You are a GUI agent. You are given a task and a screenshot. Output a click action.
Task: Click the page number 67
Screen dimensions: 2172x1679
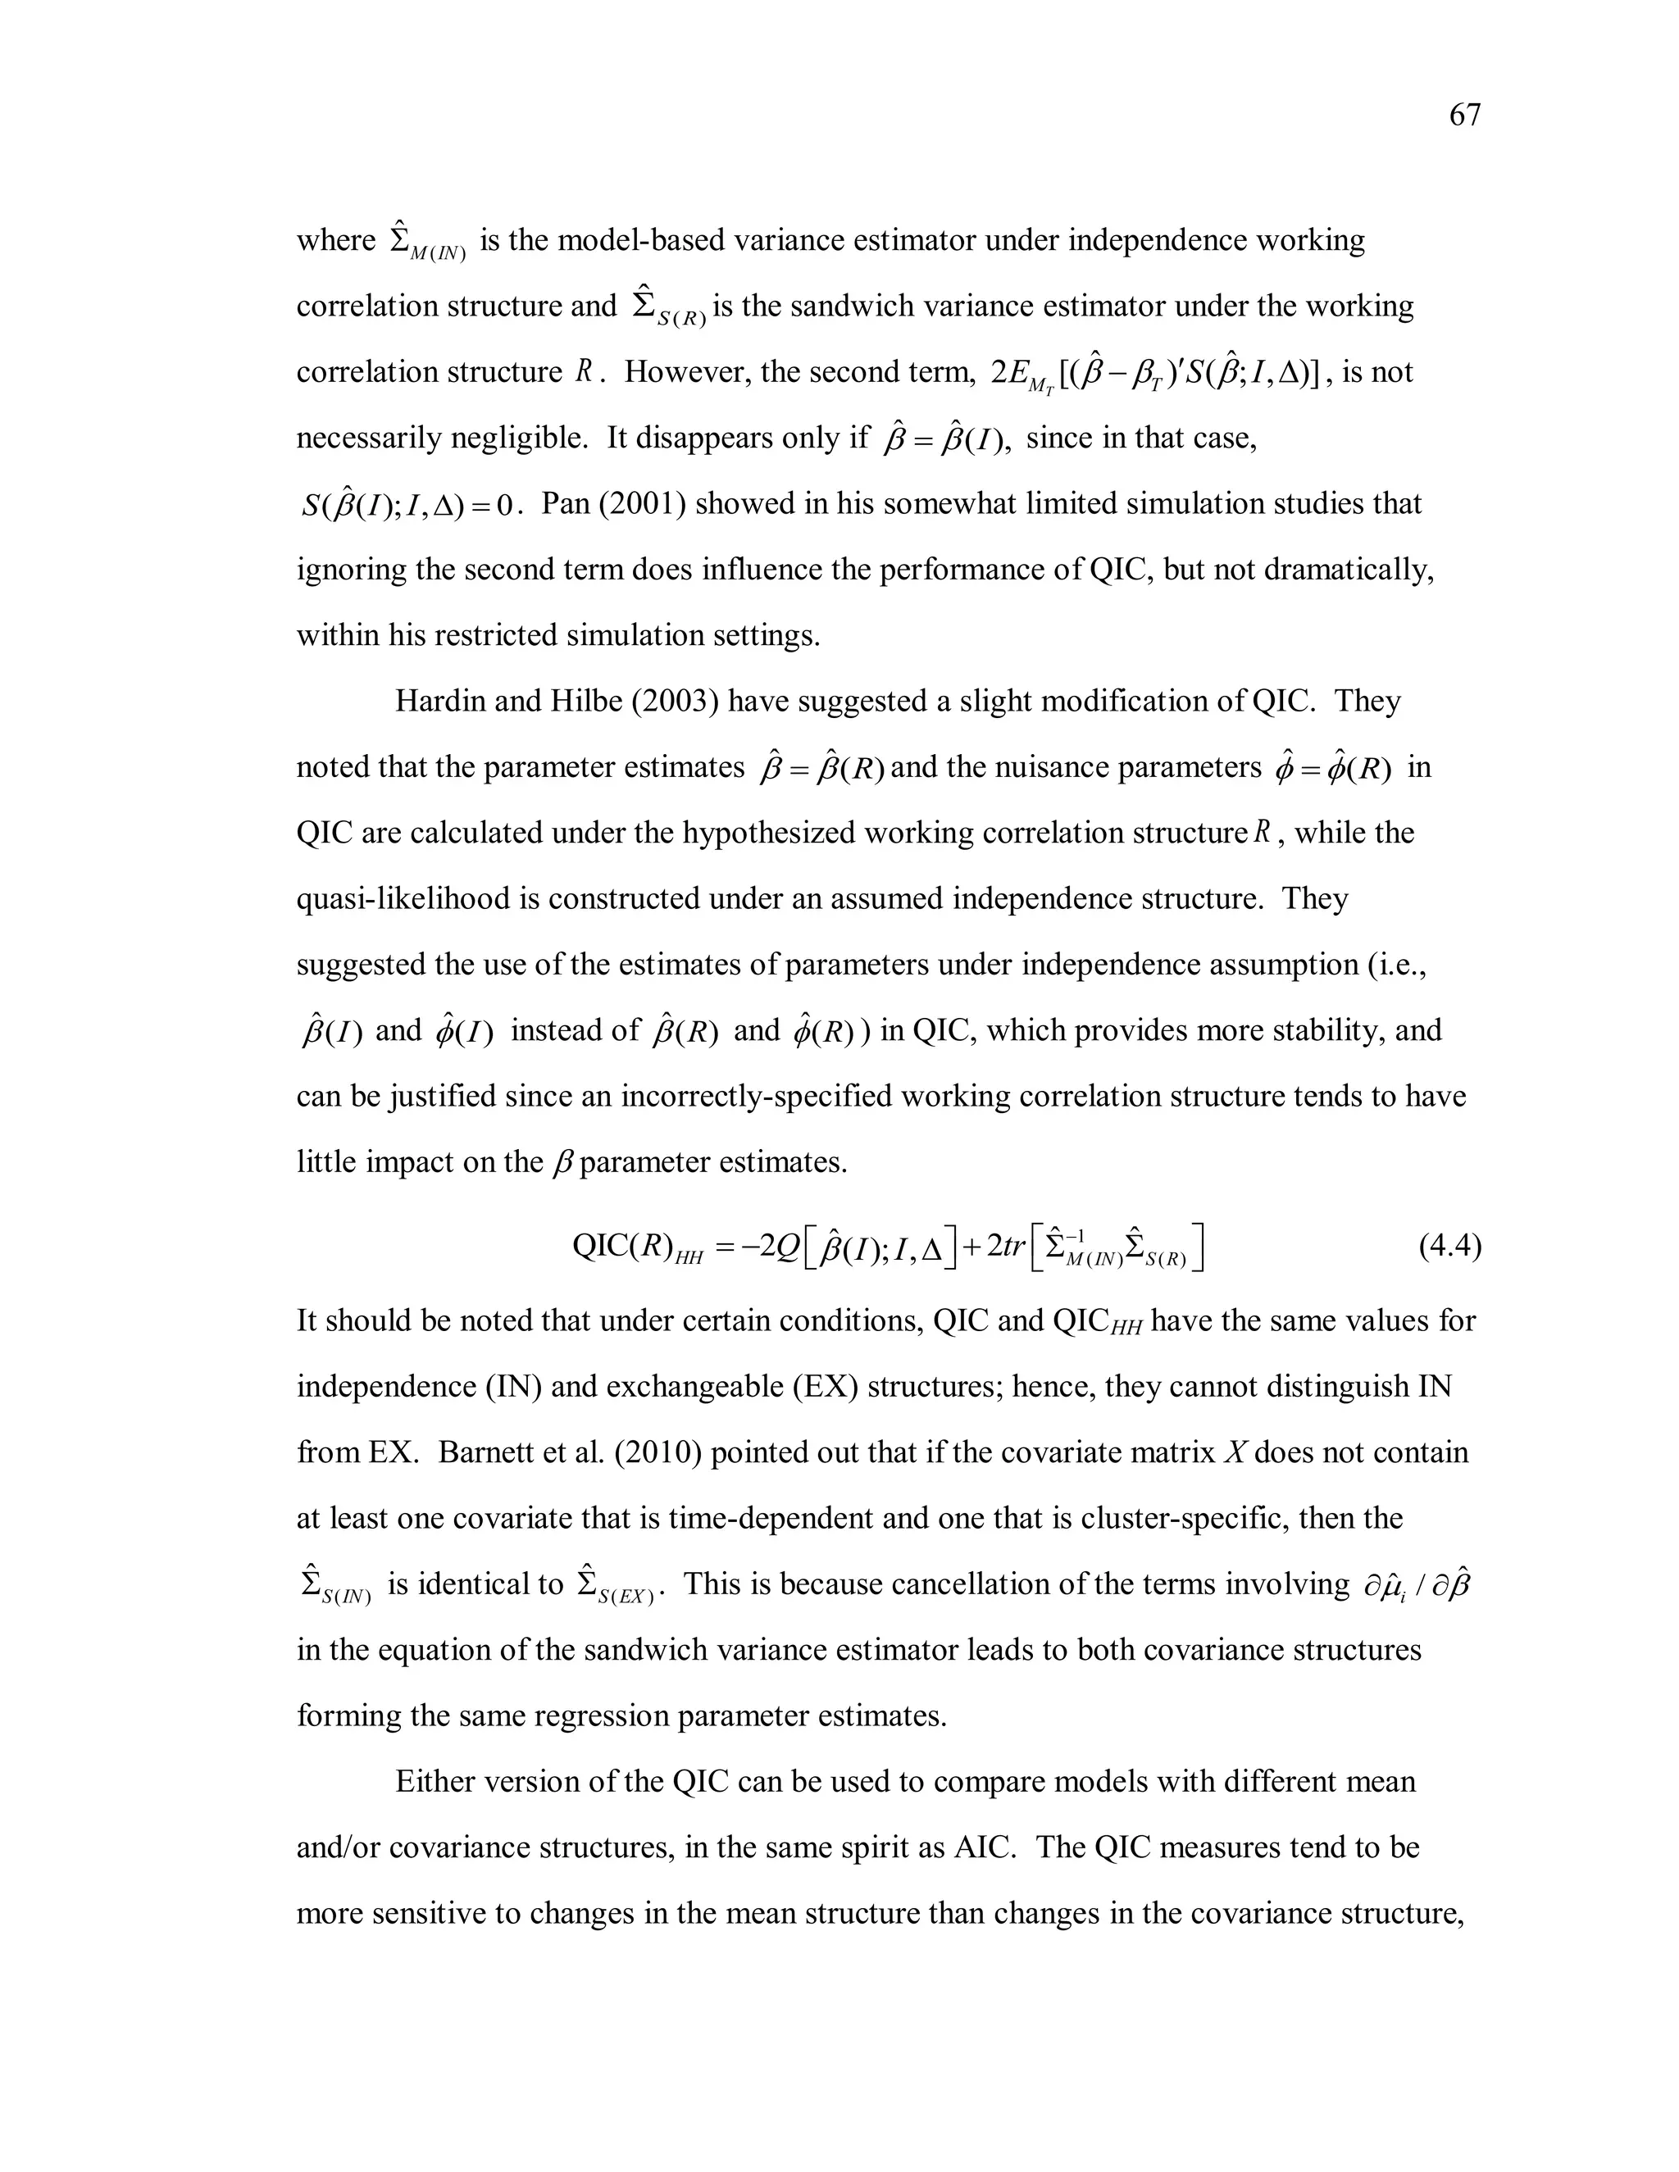tap(1464, 116)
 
